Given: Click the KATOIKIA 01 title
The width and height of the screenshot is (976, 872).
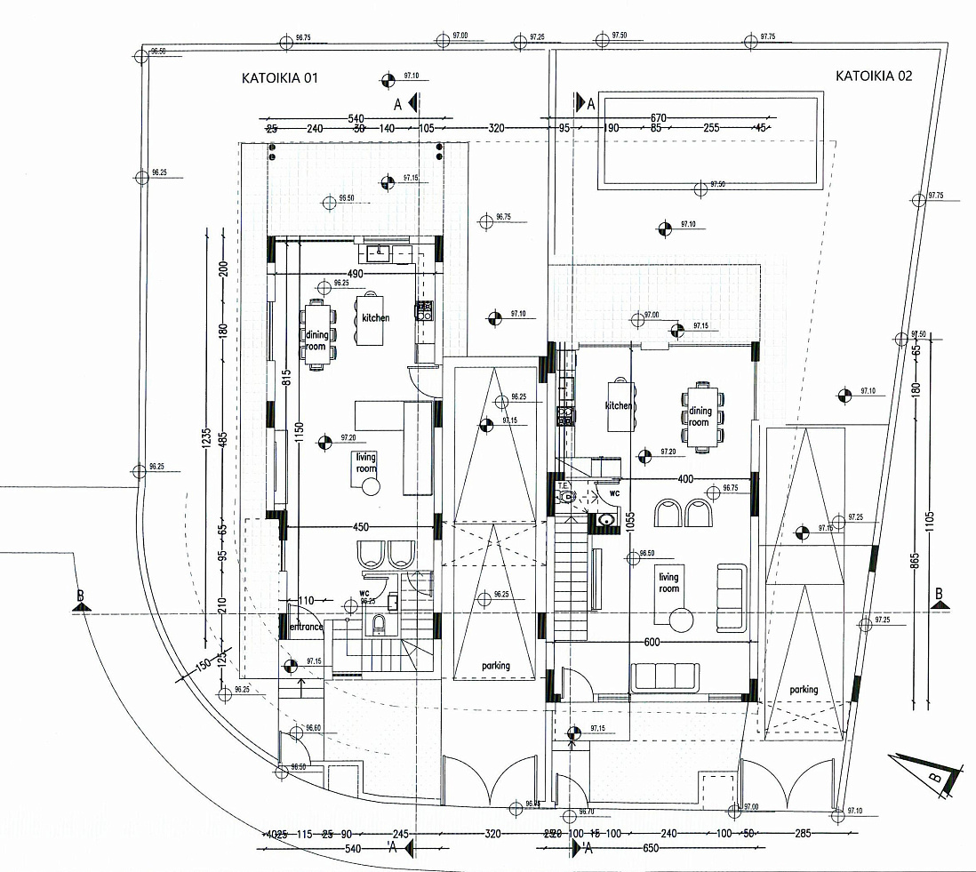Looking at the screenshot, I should [280, 78].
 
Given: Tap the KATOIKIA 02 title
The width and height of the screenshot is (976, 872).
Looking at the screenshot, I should [874, 76].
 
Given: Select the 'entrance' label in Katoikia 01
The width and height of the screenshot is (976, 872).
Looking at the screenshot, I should [307, 628].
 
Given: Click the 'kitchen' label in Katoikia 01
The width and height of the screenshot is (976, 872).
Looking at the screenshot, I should [375, 317].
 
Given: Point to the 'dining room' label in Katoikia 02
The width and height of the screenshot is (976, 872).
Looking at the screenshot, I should [700, 416].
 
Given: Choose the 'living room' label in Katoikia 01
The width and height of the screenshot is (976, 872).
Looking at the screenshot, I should [366, 462].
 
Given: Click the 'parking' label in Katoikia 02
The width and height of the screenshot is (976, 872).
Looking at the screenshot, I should [804, 690].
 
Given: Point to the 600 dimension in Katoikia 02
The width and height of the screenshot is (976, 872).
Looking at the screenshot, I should [652, 643].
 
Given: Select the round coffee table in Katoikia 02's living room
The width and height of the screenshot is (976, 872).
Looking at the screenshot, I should [683, 618].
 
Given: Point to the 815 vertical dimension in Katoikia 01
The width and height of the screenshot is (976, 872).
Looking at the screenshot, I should [287, 377].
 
